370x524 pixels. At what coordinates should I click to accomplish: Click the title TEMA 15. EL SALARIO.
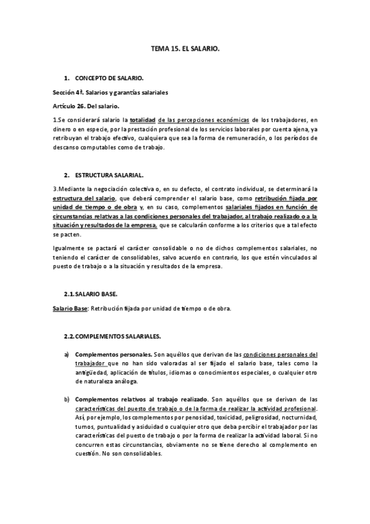click(185, 46)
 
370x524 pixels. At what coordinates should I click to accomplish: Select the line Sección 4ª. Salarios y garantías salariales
click(111, 93)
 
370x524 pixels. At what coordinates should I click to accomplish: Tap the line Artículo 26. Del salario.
click(85, 106)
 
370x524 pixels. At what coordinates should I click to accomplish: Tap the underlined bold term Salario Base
click(70, 308)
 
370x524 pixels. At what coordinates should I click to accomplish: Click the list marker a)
click(67, 355)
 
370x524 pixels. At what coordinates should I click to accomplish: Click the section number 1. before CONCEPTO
click(66, 79)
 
